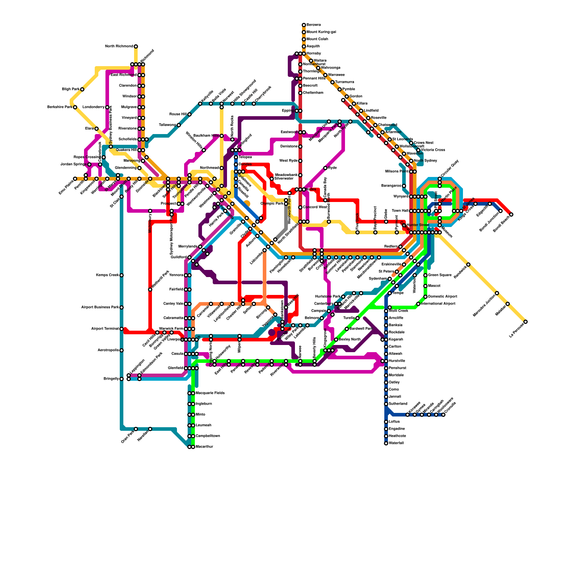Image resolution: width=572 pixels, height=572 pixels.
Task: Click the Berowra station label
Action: tap(314, 25)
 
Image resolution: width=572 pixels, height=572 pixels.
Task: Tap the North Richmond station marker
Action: tap(136, 46)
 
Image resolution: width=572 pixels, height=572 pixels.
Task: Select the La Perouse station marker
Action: tap(526, 322)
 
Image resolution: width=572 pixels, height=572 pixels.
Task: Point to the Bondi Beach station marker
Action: tap(511, 214)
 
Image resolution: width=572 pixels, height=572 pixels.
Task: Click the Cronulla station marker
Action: tap(443, 415)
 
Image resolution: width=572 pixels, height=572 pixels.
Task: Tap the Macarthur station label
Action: tap(204, 447)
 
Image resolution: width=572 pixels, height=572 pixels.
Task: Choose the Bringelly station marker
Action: tap(122, 379)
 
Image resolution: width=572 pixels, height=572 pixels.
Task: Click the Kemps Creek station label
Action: tap(107, 275)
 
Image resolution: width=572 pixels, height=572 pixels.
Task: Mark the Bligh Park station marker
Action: tap(82, 89)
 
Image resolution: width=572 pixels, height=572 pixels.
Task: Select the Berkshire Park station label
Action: tap(60, 107)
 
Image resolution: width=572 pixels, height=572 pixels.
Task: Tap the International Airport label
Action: tap(438, 304)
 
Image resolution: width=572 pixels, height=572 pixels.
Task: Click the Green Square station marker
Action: tap(425, 275)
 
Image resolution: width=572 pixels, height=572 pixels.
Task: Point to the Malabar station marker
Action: tap(508, 304)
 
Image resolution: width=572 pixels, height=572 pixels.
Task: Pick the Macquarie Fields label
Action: tap(210, 393)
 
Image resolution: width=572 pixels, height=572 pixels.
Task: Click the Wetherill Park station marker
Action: tap(150, 290)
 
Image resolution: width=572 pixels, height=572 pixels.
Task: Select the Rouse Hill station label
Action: tap(178, 114)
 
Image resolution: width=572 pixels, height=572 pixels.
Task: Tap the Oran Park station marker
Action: tap(136, 429)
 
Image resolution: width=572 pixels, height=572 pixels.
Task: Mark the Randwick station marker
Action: tap(468, 265)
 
